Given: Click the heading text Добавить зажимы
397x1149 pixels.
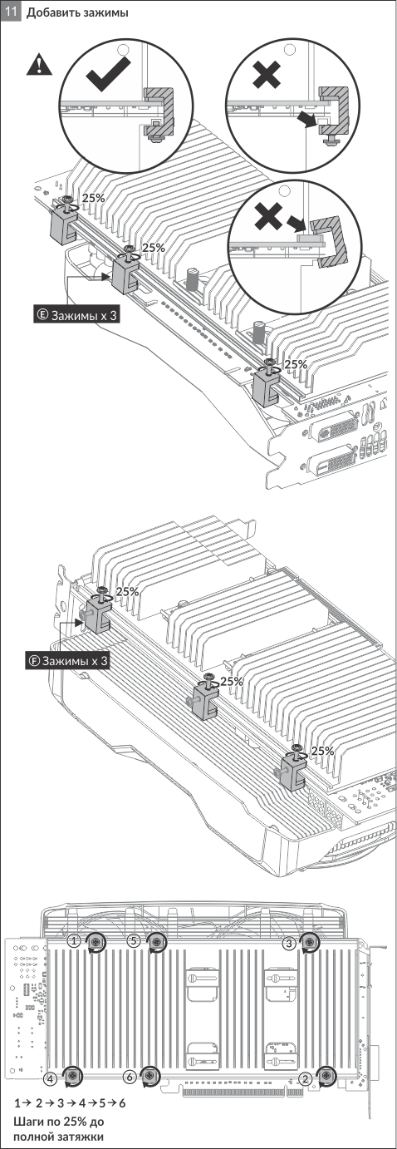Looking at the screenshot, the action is click(77, 12).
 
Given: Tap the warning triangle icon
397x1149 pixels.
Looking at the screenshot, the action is click(39, 65).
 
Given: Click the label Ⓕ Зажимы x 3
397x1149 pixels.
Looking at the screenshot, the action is click(67, 661).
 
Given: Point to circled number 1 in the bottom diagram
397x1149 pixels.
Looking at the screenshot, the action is click(75, 941).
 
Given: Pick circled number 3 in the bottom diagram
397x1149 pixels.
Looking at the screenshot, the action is click(289, 942).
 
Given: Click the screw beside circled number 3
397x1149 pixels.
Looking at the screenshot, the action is click(310, 942).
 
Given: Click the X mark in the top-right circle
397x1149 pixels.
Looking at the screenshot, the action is click(267, 75).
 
